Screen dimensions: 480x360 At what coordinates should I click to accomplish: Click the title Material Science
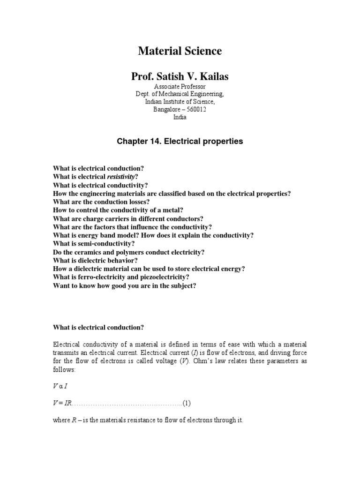[x=180, y=52]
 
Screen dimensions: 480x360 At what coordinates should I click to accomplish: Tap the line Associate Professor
[x=180, y=87]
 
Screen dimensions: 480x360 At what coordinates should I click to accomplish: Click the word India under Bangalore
[x=180, y=117]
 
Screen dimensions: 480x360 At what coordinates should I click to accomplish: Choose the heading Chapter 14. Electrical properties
[x=180, y=141]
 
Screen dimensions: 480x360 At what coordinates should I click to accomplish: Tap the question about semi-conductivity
[x=94, y=244]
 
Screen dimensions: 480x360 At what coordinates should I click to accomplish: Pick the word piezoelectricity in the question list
[x=165, y=277]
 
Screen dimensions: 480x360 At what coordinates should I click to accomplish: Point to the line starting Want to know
[x=124, y=285]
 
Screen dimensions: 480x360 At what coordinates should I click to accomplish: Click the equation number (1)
[x=187, y=403]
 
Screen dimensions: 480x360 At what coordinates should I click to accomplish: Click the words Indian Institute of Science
[x=180, y=102]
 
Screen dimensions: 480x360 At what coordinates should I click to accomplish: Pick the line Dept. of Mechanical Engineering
[x=180, y=94]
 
